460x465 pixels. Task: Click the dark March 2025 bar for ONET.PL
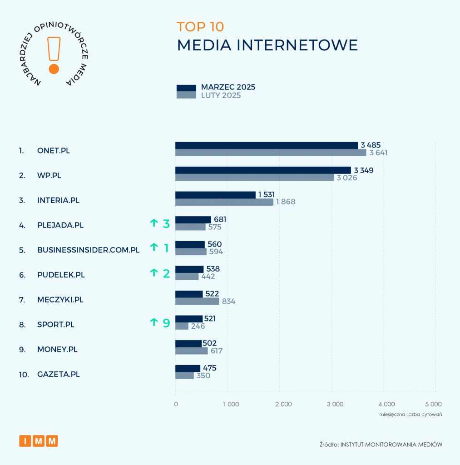click(267, 145)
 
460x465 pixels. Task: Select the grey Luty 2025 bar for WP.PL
click(254, 178)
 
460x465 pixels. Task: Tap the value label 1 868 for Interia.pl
click(285, 202)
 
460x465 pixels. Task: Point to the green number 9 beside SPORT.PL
click(166, 323)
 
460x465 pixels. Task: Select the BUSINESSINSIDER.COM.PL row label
click(88, 250)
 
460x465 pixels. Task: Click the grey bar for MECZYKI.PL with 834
click(197, 301)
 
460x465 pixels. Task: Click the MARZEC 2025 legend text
click(228, 87)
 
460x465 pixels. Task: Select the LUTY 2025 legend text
click(221, 96)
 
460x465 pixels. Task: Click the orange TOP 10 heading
click(200, 27)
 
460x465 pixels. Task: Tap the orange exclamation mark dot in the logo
click(54, 69)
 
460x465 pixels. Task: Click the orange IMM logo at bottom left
click(39, 440)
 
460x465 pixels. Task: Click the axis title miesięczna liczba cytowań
click(411, 414)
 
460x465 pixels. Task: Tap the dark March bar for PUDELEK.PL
click(189, 269)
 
